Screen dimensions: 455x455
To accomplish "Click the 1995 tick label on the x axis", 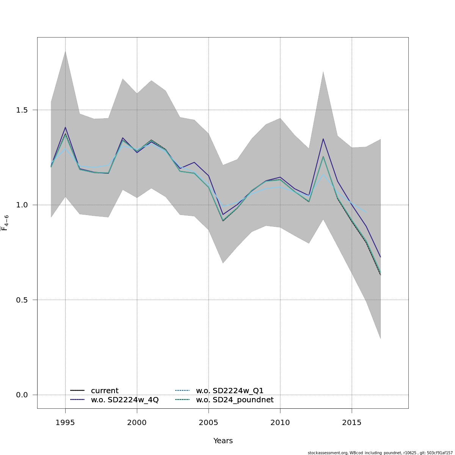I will pyautogui.click(x=65, y=423).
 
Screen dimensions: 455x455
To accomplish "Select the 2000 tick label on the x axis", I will pyautogui.click(x=137, y=423).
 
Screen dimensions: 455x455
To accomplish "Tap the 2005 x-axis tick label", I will pyautogui.click(x=209, y=423).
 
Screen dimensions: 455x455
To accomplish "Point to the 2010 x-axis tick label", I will pyautogui.click(x=280, y=423).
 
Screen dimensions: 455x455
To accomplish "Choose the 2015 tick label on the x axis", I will pyautogui.click(x=352, y=423).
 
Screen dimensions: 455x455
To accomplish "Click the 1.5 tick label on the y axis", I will pyautogui.click(x=23, y=110).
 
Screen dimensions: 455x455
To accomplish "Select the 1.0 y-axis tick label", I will pyautogui.click(x=23, y=205).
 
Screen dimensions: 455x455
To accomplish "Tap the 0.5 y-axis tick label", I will pyautogui.click(x=23, y=300).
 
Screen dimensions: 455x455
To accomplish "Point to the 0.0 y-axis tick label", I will pyautogui.click(x=23, y=395).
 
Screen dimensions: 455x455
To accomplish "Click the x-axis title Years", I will pyautogui.click(x=223, y=441).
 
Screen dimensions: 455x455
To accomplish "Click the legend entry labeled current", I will pyautogui.click(x=104, y=391).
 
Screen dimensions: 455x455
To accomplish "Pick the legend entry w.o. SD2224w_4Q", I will pyautogui.click(x=124, y=400).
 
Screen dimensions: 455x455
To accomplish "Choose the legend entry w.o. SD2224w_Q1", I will pyautogui.click(x=229, y=391).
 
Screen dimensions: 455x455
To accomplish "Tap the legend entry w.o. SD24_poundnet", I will pyautogui.click(x=234, y=400).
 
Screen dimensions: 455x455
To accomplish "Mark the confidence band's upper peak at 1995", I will pyautogui.click(x=65, y=51).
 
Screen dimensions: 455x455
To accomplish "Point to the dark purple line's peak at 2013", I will pyautogui.click(x=323, y=139).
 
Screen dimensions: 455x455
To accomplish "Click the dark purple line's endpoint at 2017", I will pyautogui.click(x=380, y=257).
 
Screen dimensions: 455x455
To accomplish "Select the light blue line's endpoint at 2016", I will pyautogui.click(x=366, y=212).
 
